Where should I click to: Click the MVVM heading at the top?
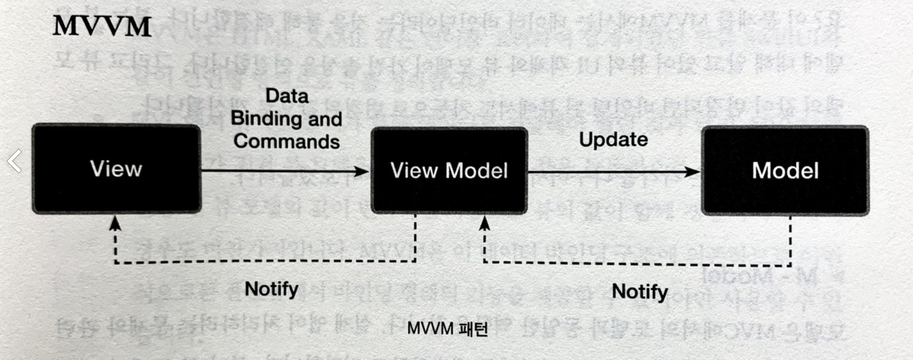pyautogui.click(x=102, y=26)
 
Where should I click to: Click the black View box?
pyautogui.click(x=117, y=169)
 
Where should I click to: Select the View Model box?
pyautogui.click(x=449, y=171)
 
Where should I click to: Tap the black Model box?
pyautogui.click(x=785, y=171)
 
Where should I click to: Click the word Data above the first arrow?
pyautogui.click(x=287, y=96)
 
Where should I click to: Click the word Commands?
pyautogui.click(x=287, y=141)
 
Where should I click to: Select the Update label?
pyautogui.click(x=613, y=139)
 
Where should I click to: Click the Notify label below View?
pyautogui.click(x=271, y=289)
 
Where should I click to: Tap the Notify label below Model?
pyautogui.click(x=640, y=291)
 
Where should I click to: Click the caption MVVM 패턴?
pyautogui.click(x=447, y=328)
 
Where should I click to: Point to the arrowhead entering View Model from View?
pyautogui.click(x=362, y=172)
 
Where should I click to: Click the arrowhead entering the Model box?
pyautogui.click(x=693, y=172)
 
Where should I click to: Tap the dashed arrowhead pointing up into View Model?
pyautogui.click(x=484, y=224)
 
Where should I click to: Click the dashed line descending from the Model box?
pyautogui.click(x=790, y=241)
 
